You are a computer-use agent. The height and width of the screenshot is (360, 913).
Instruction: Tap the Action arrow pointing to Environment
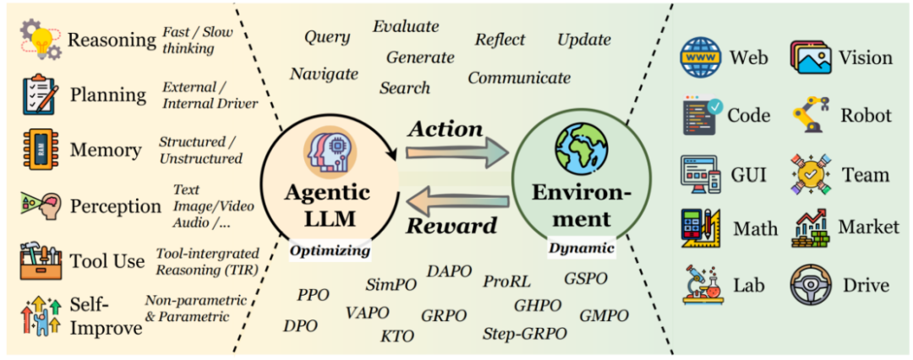(457, 153)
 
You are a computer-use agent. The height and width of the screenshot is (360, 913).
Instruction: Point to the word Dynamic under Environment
(581, 248)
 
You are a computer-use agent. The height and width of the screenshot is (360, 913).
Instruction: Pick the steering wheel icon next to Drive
(811, 286)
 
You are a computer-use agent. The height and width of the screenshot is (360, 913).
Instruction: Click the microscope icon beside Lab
(701, 286)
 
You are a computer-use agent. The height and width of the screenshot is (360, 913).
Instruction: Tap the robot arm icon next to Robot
(811, 116)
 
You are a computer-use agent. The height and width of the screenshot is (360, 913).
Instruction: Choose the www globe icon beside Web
(701, 57)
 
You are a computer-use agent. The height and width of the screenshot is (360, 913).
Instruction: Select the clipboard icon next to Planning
(40, 95)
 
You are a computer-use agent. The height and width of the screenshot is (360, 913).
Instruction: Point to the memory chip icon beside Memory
(40, 150)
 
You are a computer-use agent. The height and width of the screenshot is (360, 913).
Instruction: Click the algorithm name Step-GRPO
(518, 333)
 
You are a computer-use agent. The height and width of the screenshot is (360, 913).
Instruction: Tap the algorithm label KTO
(397, 336)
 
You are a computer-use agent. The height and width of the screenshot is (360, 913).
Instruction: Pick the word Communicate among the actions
(519, 78)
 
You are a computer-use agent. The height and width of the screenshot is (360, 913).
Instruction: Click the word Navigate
(325, 74)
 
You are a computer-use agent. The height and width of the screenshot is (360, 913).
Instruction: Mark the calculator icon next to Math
(701, 228)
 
